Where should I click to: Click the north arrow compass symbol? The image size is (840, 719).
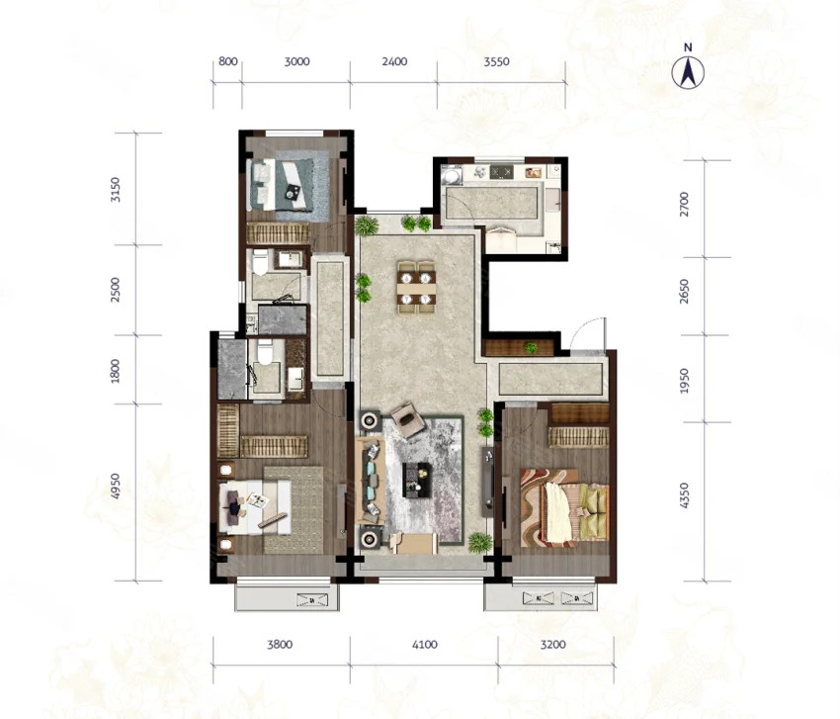click(x=688, y=72)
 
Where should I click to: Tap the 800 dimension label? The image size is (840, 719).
click(x=227, y=61)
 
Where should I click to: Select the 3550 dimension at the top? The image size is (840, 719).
click(x=496, y=61)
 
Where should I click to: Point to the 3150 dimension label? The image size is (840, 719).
click(x=116, y=190)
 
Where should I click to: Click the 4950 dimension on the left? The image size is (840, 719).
click(x=116, y=486)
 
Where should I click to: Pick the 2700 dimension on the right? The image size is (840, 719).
click(x=684, y=205)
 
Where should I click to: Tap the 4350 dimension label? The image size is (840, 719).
click(x=684, y=495)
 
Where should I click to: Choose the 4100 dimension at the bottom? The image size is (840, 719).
click(x=424, y=645)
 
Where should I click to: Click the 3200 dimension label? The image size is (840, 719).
click(x=552, y=645)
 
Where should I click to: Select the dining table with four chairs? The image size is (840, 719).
click(x=416, y=287)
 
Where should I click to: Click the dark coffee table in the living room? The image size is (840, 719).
click(x=417, y=480)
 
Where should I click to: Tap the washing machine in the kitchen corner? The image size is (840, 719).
click(x=452, y=175)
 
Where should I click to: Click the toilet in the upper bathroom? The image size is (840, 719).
click(x=261, y=261)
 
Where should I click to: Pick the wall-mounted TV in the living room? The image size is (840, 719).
click(x=487, y=481)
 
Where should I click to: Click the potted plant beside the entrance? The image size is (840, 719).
click(x=531, y=348)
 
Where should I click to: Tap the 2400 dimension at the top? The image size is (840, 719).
click(x=394, y=61)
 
